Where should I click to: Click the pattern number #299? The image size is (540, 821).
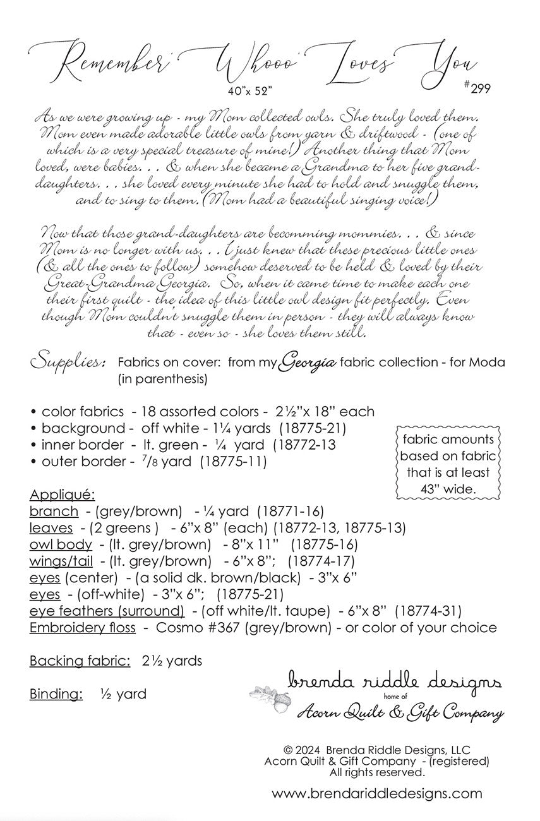pos(477,87)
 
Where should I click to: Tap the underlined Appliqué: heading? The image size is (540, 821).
pos(61,494)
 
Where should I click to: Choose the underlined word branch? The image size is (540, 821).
pos(54,511)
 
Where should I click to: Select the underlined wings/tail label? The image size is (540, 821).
pos(61,561)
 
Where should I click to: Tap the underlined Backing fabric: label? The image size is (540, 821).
pos(80,661)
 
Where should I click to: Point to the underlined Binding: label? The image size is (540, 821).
pos(56,694)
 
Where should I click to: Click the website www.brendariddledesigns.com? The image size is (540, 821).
pos(377,794)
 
